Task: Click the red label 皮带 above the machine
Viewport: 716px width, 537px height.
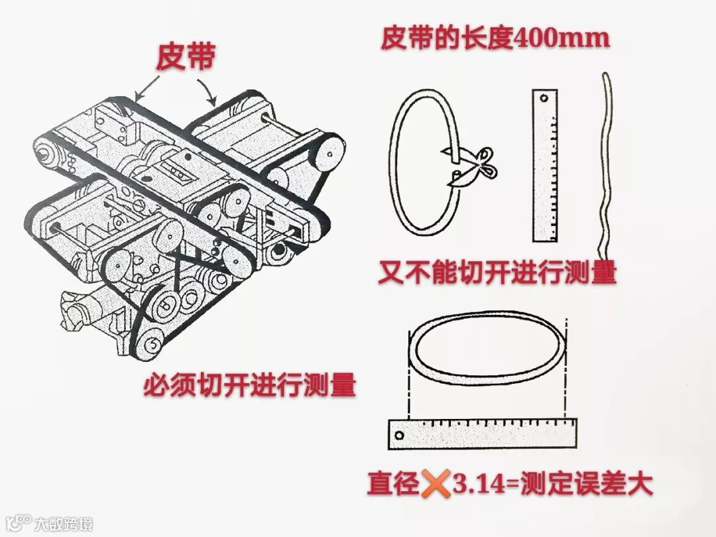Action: click(186, 58)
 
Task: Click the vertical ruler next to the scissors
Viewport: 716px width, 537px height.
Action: click(545, 165)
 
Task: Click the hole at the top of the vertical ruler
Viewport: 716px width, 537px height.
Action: click(544, 97)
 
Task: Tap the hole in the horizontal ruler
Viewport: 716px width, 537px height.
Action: click(399, 435)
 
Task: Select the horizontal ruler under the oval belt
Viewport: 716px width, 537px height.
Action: click(482, 434)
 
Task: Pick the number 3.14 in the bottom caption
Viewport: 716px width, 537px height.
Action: click(479, 484)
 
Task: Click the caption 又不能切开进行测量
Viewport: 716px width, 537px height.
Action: click(497, 273)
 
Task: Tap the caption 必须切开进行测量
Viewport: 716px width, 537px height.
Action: click(250, 386)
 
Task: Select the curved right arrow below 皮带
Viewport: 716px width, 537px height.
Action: click(208, 91)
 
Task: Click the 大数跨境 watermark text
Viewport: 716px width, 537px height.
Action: click(64, 523)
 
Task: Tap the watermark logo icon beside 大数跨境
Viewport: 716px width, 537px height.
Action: click(19, 523)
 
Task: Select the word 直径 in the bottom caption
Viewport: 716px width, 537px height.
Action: click(394, 483)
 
